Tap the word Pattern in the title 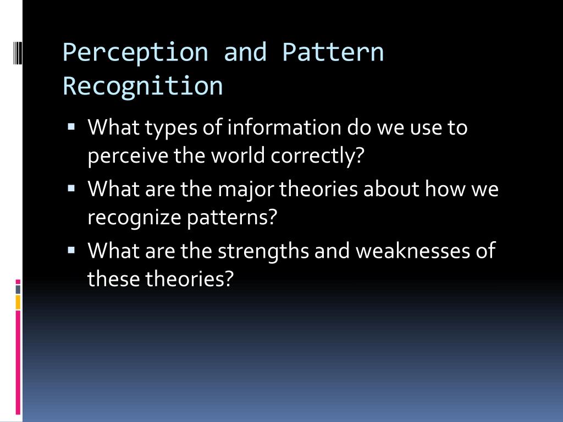333,52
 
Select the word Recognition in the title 143,87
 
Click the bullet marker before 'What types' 71,126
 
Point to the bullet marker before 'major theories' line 71,188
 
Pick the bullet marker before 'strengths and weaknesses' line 71,250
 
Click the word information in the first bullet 284,127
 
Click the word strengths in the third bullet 263,251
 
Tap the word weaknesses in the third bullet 413,251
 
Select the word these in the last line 113,279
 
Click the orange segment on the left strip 18,302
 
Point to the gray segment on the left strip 18,290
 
